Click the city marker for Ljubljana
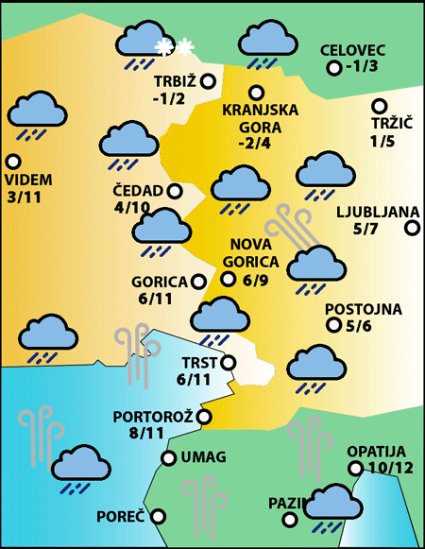click(x=412, y=228)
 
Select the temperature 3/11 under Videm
click(x=24, y=197)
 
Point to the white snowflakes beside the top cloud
click(x=175, y=46)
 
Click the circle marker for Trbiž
click(x=208, y=82)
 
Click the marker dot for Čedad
click(x=174, y=191)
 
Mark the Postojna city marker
click(x=333, y=325)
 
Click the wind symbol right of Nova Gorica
click(x=287, y=228)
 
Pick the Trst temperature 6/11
click(x=194, y=379)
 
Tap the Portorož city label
click(x=152, y=416)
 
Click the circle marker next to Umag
click(x=168, y=458)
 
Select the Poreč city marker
click(x=158, y=516)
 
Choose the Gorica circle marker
click(x=197, y=281)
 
